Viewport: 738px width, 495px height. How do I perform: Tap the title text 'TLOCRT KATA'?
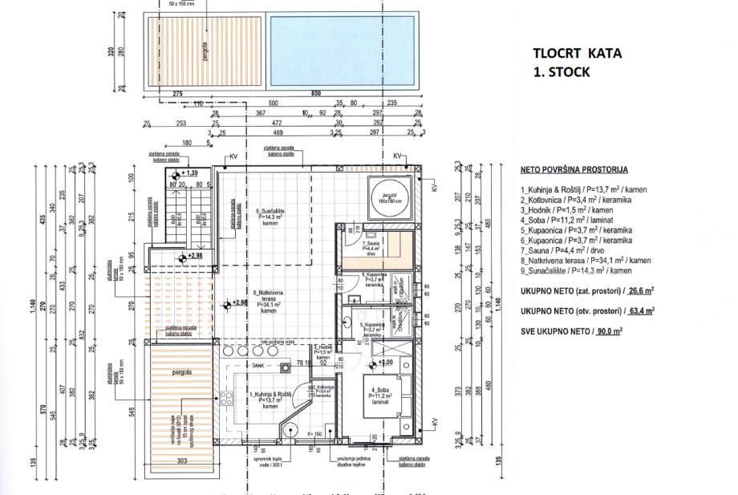pyautogui.click(x=577, y=54)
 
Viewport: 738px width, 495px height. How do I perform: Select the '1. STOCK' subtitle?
pyautogui.click(x=562, y=71)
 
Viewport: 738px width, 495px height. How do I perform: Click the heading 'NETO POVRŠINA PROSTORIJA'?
pyautogui.click(x=574, y=170)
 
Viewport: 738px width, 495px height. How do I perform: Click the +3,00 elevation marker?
pyautogui.click(x=385, y=363)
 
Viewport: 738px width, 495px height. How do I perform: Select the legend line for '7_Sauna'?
pyautogui.click(x=559, y=250)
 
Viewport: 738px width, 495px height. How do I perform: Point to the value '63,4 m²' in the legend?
pyautogui.click(x=637, y=310)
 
